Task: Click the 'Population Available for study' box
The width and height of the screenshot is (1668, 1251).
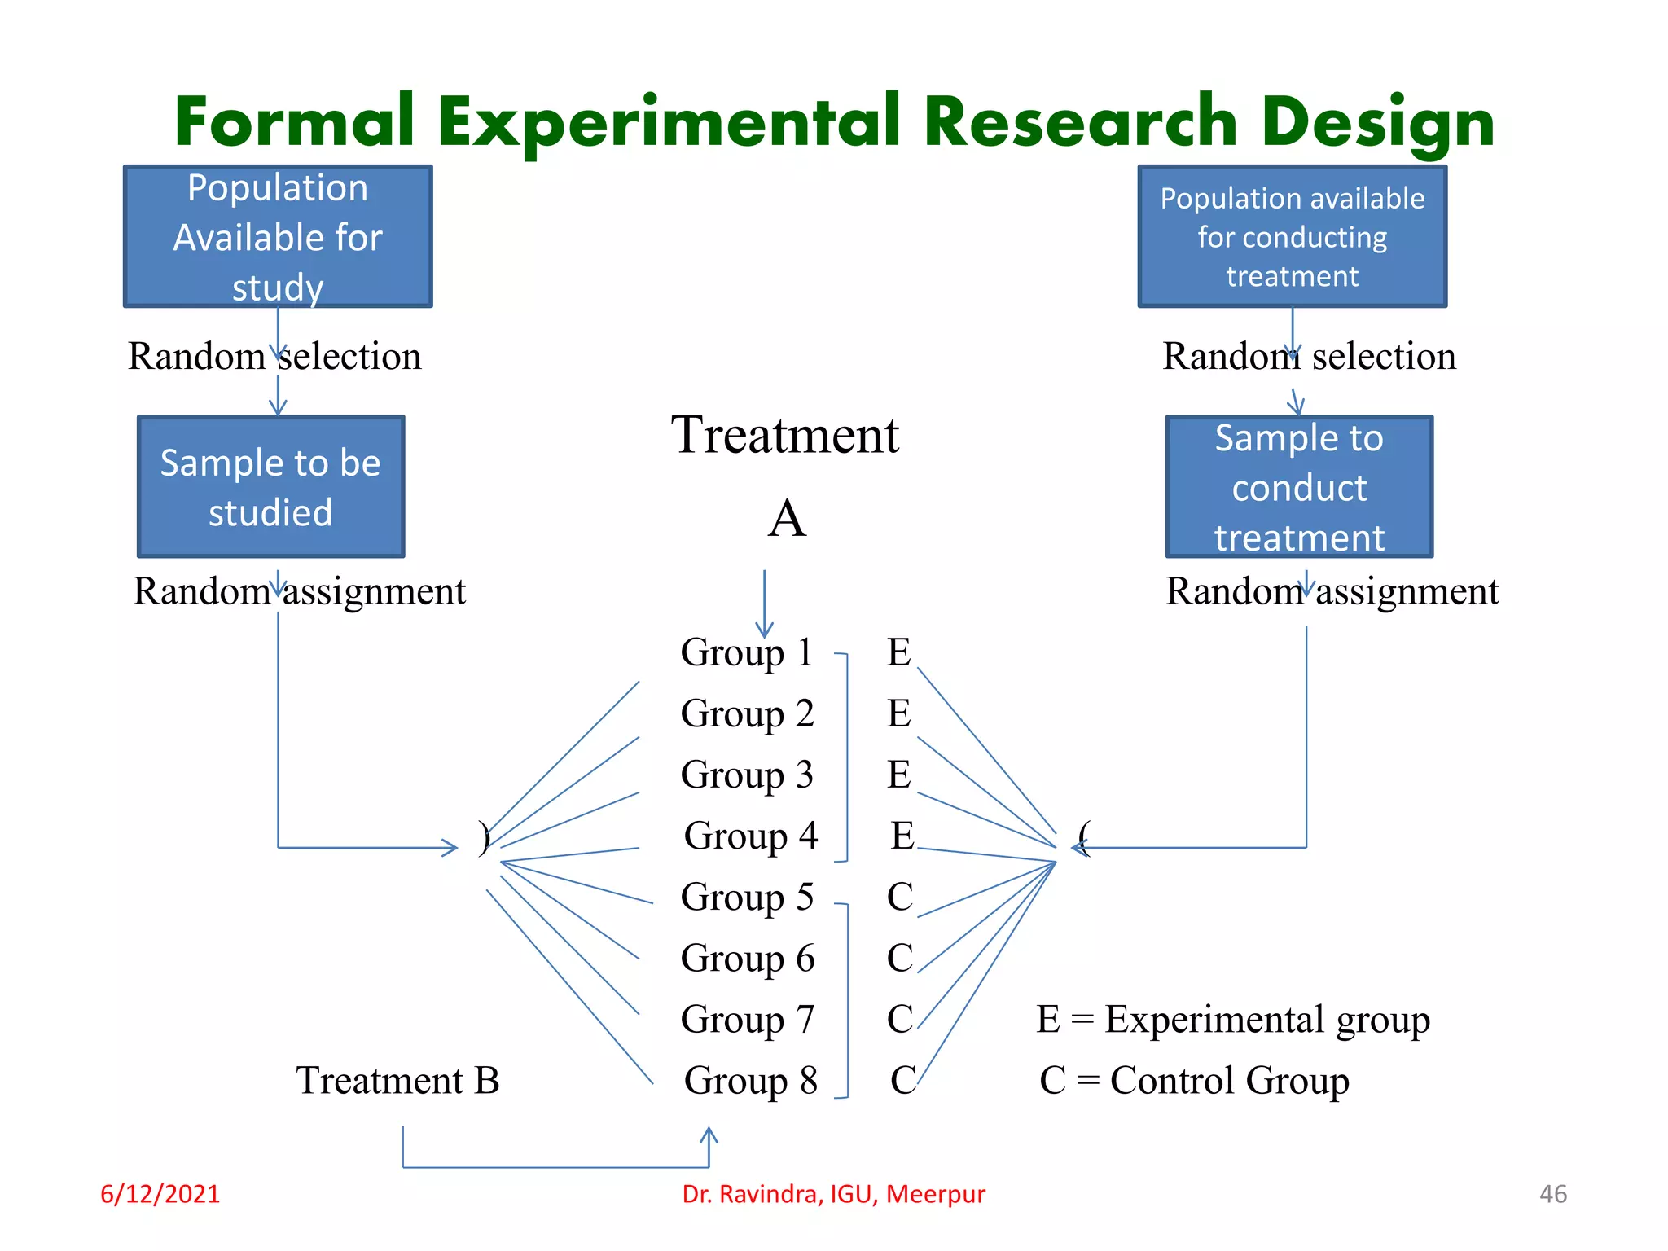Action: click(278, 236)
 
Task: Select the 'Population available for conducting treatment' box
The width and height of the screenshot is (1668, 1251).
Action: click(1292, 236)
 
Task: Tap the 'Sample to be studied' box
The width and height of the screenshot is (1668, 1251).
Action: click(270, 487)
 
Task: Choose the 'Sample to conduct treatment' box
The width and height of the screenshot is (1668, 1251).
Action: click(1299, 487)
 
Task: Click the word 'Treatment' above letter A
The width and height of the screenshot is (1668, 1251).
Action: click(784, 435)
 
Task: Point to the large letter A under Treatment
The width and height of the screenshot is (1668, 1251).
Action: click(787, 519)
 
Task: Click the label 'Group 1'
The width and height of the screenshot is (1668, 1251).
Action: click(746, 652)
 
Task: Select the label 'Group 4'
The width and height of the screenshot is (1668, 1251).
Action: click(750, 836)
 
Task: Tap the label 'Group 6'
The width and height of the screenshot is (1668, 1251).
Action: click(747, 959)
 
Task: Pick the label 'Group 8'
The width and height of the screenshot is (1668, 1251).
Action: click(750, 1081)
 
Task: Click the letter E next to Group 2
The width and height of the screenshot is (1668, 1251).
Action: click(898, 713)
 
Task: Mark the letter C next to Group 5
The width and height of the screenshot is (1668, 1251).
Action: click(899, 897)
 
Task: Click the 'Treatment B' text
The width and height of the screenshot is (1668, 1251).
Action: click(397, 1081)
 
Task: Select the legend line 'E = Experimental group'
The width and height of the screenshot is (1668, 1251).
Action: click(1232, 1020)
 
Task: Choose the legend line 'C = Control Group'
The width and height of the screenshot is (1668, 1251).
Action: click(1194, 1081)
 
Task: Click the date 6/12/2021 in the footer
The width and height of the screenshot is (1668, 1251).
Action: click(160, 1194)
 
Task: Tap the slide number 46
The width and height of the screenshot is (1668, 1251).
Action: click(1552, 1194)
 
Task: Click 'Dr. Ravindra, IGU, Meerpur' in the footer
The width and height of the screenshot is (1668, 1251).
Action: click(833, 1194)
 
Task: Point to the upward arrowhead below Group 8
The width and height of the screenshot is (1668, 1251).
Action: click(709, 1134)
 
